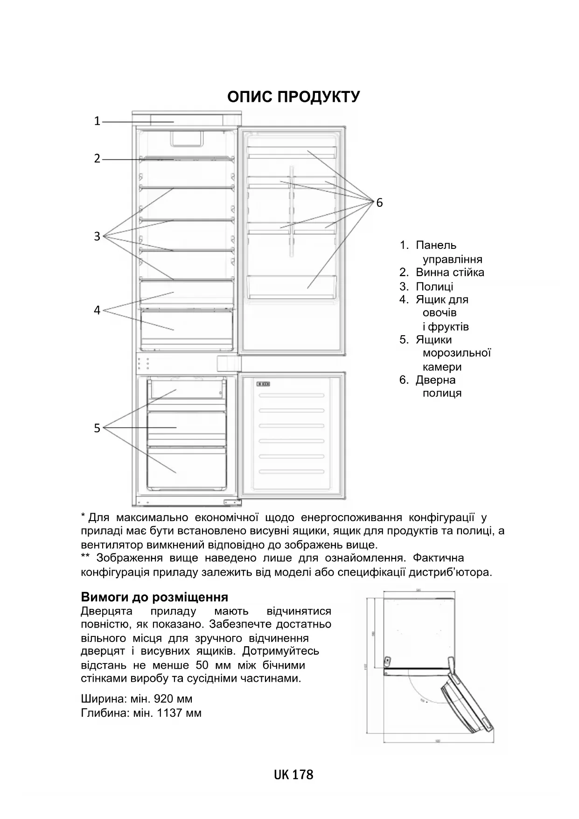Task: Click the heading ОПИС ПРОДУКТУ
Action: click(x=293, y=97)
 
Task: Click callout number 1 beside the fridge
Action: click(x=97, y=121)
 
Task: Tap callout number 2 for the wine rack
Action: click(x=97, y=159)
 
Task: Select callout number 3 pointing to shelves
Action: click(x=97, y=236)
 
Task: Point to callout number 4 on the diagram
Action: click(x=97, y=310)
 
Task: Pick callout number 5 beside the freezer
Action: click(x=97, y=428)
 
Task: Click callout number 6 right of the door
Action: click(x=379, y=203)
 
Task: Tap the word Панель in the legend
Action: click(x=436, y=245)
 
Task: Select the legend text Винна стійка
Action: click(x=450, y=272)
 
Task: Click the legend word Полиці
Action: click(x=434, y=286)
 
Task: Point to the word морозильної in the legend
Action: click(x=456, y=353)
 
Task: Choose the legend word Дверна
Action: click(x=436, y=380)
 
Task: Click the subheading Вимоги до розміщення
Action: click(x=154, y=597)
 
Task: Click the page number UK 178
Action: click(x=293, y=775)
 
